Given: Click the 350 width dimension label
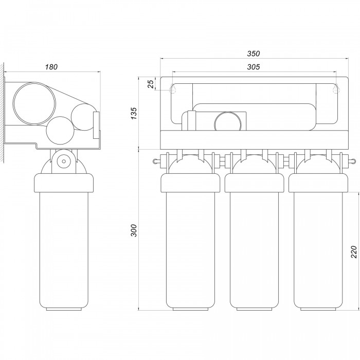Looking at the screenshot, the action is (x=254, y=53).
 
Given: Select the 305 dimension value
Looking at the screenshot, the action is (x=254, y=67).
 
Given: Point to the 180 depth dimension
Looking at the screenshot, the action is (x=51, y=67).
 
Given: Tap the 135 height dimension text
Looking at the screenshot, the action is (x=133, y=113).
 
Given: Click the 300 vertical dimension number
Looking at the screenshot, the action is (x=133, y=230).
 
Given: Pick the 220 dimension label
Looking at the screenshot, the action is (x=354, y=252).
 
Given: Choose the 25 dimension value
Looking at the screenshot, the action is (x=151, y=84).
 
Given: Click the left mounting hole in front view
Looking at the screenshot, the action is (x=173, y=88).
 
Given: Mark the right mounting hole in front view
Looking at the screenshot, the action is (x=336, y=88).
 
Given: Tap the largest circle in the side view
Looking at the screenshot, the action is (x=34, y=103).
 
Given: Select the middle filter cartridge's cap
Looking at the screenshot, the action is (x=254, y=183).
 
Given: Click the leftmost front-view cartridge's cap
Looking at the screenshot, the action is (x=190, y=183).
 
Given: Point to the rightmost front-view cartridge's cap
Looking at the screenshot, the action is (x=318, y=183).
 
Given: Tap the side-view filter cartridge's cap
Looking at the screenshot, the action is (x=64, y=183).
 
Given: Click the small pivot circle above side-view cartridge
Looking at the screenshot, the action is (x=64, y=161).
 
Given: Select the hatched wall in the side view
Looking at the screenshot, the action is (x=2, y=113).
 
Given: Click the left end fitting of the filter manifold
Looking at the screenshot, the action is (x=157, y=161).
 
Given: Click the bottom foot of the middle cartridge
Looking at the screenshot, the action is (x=254, y=309).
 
